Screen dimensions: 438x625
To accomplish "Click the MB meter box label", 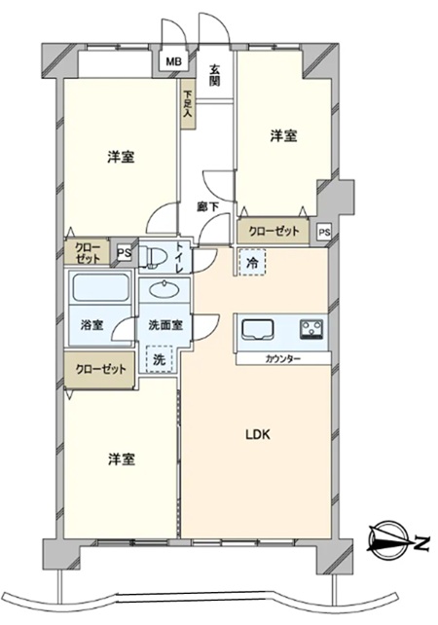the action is (174, 61).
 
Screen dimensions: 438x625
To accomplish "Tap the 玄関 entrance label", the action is (214, 75).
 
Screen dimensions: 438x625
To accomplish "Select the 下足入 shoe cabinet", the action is (188, 104).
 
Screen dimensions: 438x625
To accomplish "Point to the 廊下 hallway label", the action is (208, 206).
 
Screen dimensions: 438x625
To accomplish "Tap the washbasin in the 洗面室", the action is (164, 290).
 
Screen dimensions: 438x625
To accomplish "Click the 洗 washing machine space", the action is (160, 359).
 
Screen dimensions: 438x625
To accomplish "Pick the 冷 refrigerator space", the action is (252, 262).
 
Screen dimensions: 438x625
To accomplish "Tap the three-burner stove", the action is (311, 330).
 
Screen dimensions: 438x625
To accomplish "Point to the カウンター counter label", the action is (283, 358).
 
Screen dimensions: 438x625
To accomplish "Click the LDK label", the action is (258, 434).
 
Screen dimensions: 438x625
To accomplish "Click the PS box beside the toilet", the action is (125, 253).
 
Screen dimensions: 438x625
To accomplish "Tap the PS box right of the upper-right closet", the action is (324, 232).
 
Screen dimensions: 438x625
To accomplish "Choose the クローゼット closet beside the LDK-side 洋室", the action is (274, 231).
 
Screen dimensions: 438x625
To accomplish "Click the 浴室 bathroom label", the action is (92, 325).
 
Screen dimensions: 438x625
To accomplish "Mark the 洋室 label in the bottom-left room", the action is (121, 460).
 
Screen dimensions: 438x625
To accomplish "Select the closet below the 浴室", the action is (100, 369).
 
